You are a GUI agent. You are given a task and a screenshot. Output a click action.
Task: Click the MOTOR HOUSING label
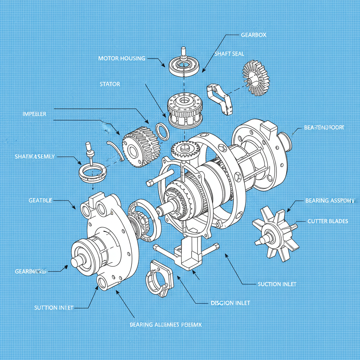[122, 58]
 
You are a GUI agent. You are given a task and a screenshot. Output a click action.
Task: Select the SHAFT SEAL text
[229, 53]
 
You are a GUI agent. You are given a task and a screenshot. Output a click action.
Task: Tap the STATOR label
[110, 84]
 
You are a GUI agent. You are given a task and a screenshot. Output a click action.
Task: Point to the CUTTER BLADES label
[328, 221]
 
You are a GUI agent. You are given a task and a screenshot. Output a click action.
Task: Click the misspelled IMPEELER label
[34, 114]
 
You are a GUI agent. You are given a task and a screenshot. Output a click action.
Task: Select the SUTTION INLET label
[54, 308]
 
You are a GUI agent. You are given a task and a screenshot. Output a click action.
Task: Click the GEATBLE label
[40, 200]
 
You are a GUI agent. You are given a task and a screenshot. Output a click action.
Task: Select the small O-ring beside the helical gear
[162, 131]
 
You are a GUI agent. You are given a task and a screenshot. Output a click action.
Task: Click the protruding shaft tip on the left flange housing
[76, 262]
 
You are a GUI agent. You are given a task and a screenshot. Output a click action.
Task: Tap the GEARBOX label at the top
[253, 35]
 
